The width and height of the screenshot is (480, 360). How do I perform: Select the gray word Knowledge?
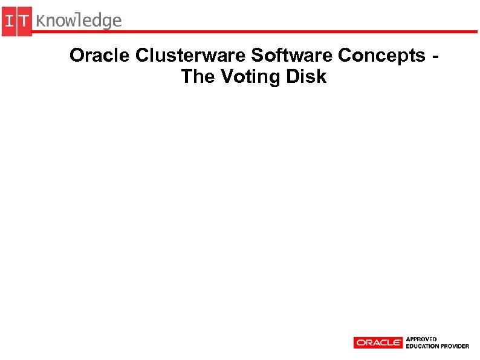(x=79, y=22)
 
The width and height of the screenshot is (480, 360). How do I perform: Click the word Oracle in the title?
(x=100, y=56)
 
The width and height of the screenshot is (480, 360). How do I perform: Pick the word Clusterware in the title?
(x=191, y=56)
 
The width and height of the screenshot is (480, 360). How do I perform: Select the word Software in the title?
(x=292, y=56)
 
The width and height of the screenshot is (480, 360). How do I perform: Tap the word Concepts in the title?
(x=381, y=56)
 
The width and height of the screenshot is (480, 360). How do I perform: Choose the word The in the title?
(x=196, y=77)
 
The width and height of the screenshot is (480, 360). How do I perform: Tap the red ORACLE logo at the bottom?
(x=378, y=342)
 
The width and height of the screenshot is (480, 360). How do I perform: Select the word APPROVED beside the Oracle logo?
(x=421, y=339)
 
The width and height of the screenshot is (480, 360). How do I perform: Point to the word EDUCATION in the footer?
(x=423, y=346)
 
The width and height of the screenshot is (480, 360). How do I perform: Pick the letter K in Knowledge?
(x=42, y=21)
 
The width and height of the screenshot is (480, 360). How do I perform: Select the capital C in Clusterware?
(x=143, y=56)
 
